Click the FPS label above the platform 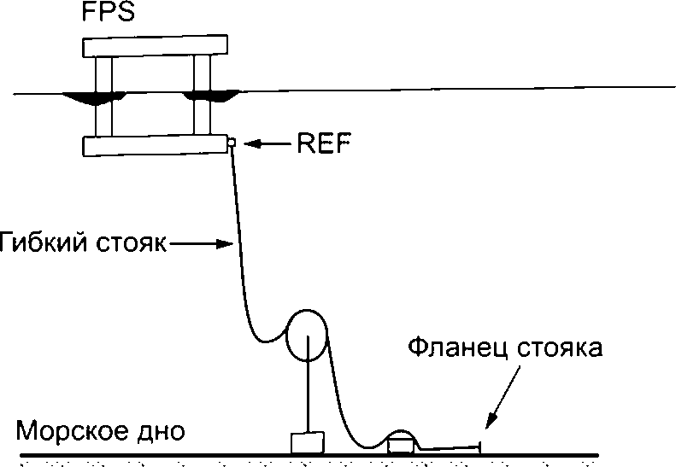point(109,12)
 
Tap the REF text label point(324,143)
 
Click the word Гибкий point(44,242)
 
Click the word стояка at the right point(559,348)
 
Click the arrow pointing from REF point(267,143)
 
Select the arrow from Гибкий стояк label point(202,244)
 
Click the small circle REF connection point point(232,142)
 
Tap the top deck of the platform point(156,45)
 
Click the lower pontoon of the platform point(156,145)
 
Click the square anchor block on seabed point(308,443)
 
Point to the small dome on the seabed point(401,441)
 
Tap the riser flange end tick point(479,448)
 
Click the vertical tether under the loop point(308,384)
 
